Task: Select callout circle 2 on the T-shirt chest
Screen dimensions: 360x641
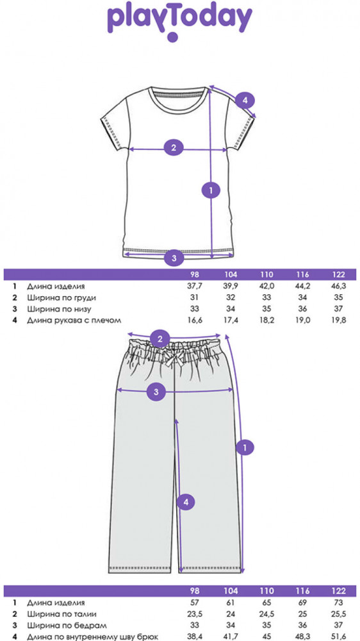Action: pos(174,147)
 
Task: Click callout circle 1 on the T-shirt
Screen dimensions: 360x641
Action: pos(211,190)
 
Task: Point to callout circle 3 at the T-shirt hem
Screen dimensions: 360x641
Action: pos(174,258)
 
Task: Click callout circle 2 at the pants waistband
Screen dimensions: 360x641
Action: pos(160,338)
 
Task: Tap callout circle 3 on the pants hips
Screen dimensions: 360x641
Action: pos(156,392)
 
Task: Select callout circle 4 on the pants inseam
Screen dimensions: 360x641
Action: pos(186,502)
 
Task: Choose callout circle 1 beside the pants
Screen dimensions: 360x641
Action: pos(245,447)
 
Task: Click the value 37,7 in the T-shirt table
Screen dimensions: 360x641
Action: pos(194,286)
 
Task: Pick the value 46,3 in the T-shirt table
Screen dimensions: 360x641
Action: pos(339,286)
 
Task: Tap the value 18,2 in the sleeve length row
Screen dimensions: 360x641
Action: pos(267,320)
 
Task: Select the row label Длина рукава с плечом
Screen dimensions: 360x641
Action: pos(74,320)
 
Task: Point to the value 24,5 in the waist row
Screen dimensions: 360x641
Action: pos(267,613)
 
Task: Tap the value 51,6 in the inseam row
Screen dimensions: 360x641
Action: pos(339,637)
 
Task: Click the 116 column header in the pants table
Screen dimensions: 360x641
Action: pos(303,591)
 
